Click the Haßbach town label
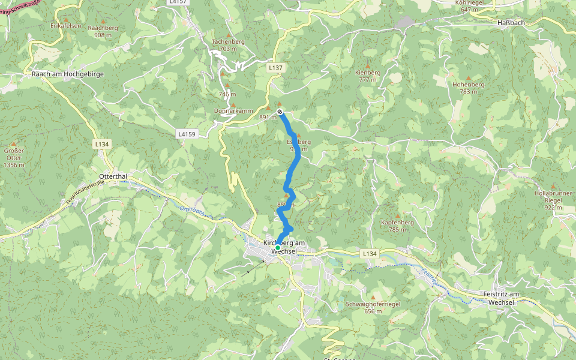click(x=512, y=22)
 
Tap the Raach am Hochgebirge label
click(x=68, y=74)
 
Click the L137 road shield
click(x=275, y=68)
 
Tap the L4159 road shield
click(x=187, y=134)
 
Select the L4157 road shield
click(x=178, y=2)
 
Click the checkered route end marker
click(x=280, y=112)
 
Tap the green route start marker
click(x=278, y=247)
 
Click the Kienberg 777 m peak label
click(x=368, y=76)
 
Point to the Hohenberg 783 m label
click(x=468, y=88)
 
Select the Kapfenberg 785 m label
click(x=397, y=226)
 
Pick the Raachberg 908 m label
click(x=103, y=31)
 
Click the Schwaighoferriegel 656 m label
click(x=373, y=308)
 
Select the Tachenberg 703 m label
click(x=228, y=45)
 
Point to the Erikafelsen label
click(x=65, y=26)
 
